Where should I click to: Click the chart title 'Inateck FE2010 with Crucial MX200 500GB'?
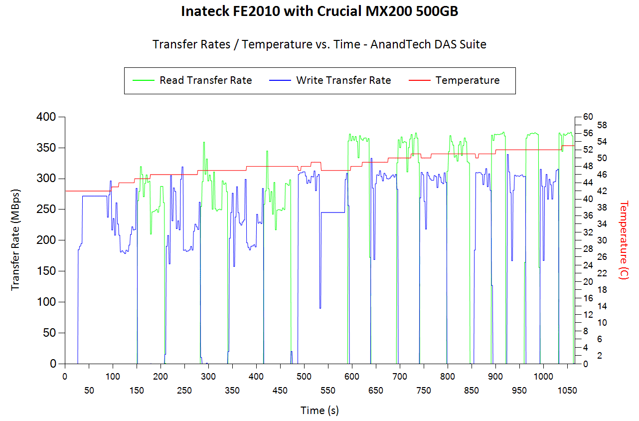pyautogui.click(x=319, y=12)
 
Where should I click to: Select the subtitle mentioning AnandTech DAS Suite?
pyautogui.click(x=319, y=44)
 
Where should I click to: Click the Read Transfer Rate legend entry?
pyautogui.click(x=205, y=80)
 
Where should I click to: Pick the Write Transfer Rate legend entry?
pyautogui.click(x=343, y=80)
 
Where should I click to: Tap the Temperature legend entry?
pyautogui.click(x=467, y=80)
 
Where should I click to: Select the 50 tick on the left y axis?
pyautogui.click(x=50, y=333)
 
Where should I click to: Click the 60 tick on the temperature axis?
pyautogui.click(x=588, y=117)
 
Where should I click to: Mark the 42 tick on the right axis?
pyautogui.click(x=588, y=191)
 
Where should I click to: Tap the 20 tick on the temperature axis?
pyautogui.click(x=588, y=282)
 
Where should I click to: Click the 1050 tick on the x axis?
pyautogui.click(x=567, y=391)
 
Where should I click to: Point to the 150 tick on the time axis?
pyautogui.click(x=137, y=391)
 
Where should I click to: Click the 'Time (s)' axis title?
pyautogui.click(x=319, y=411)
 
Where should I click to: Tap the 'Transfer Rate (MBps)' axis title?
pyautogui.click(x=15, y=240)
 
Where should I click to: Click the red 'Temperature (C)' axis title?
pyautogui.click(x=624, y=240)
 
